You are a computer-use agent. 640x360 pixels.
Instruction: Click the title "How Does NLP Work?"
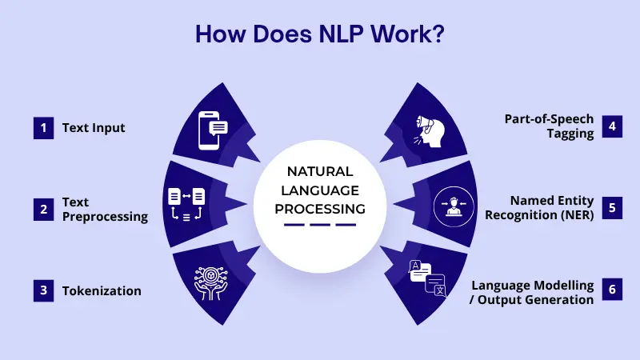[320, 35]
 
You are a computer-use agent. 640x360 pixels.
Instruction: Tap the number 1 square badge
[42, 128]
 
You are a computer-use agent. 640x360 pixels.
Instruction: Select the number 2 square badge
[42, 210]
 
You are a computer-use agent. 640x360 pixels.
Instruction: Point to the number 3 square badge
[42, 291]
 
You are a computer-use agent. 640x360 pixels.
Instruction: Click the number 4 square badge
[612, 126]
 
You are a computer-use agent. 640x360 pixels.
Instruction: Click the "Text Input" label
[94, 128]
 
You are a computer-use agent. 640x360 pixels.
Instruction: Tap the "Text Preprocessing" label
[105, 210]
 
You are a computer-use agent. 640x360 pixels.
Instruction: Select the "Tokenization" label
[102, 291]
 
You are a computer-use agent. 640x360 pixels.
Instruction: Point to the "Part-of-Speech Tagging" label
[549, 126]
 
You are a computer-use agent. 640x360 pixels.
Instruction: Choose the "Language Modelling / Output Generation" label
[533, 292]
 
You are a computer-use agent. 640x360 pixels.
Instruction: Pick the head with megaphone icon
[430, 128]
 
